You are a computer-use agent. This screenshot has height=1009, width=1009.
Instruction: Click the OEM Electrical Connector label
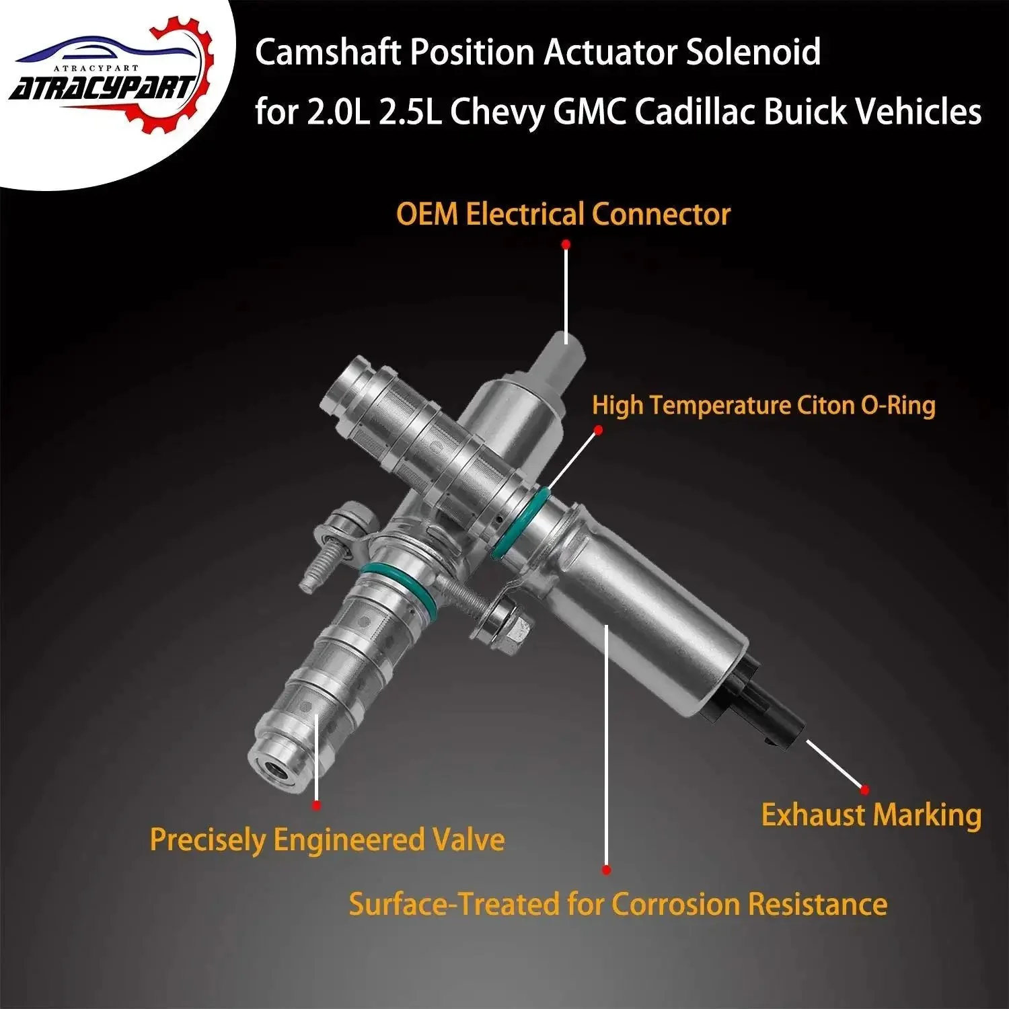[x=563, y=215]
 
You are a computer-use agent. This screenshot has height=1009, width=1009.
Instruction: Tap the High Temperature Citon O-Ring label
[x=763, y=406]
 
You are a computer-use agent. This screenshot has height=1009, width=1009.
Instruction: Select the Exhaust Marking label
[x=871, y=815]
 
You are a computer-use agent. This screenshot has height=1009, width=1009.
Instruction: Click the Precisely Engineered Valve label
[x=327, y=840]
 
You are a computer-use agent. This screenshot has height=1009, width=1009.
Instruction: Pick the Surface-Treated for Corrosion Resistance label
[x=618, y=903]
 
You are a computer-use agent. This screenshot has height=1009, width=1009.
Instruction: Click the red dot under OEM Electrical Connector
[x=566, y=246]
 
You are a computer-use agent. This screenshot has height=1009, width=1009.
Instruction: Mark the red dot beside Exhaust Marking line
[x=865, y=790]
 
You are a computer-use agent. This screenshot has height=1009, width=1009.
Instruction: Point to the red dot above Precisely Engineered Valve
[x=316, y=805]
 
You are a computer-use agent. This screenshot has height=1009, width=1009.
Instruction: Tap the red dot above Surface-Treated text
[x=607, y=870]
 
